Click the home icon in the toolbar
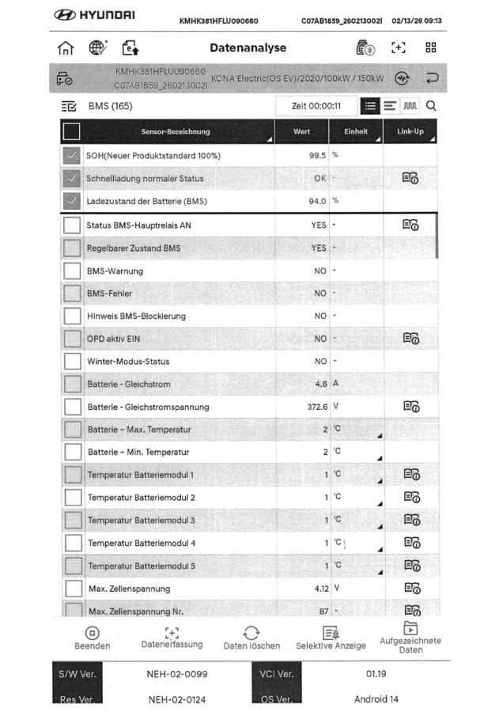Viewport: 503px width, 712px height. (x=67, y=47)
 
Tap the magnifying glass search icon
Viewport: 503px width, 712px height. (x=431, y=105)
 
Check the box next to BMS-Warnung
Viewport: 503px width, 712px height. (x=73, y=271)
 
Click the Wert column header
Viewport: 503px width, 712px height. (x=301, y=131)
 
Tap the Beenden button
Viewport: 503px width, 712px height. (x=93, y=638)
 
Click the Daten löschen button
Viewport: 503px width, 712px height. (x=251, y=638)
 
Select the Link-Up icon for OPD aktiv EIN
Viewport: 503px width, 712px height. (x=410, y=338)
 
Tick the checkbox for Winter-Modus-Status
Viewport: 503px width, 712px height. (x=73, y=362)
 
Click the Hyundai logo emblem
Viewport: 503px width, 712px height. (x=67, y=16)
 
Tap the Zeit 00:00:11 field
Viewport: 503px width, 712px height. (x=316, y=106)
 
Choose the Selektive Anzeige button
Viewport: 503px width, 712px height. (x=331, y=638)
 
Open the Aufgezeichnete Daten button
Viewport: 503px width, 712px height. (x=410, y=638)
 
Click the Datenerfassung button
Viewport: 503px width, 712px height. (x=172, y=638)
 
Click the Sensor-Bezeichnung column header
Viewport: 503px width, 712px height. (x=176, y=131)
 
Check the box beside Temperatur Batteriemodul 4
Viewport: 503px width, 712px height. (x=73, y=543)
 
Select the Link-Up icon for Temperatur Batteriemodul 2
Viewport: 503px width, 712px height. (x=410, y=498)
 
